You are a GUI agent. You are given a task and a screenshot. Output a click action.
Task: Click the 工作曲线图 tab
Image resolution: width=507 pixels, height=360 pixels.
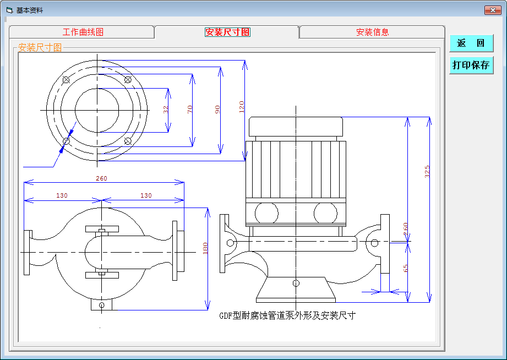(83, 32)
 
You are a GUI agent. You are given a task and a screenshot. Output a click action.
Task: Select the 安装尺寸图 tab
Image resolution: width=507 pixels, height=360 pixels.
(227, 32)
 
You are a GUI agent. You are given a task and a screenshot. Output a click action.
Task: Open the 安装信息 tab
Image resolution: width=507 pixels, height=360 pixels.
(372, 32)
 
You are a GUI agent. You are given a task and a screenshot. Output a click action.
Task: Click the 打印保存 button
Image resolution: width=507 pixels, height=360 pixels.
(471, 65)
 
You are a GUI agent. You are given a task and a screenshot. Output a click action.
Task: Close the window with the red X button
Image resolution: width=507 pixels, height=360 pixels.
(493, 10)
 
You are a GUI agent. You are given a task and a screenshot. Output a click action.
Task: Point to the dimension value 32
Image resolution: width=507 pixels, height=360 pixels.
(166, 110)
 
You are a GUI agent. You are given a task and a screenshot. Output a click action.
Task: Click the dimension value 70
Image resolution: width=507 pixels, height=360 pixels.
(190, 110)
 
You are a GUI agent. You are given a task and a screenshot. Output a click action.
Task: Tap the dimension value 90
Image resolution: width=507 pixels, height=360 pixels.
(217, 110)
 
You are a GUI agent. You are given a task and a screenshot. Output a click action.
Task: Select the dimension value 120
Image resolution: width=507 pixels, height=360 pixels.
(242, 107)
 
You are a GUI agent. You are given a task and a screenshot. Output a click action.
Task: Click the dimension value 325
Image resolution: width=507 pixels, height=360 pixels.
(427, 171)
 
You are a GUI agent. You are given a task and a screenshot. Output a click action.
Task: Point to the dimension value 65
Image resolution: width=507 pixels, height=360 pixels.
(406, 268)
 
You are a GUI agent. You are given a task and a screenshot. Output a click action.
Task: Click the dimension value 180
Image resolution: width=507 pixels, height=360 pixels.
(205, 248)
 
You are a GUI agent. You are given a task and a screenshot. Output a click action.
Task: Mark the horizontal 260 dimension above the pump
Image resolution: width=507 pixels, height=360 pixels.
(101, 178)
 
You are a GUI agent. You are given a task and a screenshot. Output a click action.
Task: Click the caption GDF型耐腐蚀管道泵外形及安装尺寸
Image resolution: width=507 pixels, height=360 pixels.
(287, 315)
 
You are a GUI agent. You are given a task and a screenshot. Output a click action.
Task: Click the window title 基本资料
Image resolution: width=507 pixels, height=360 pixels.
(29, 10)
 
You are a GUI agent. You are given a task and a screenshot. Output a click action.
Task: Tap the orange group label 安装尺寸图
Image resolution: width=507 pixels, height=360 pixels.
(40, 47)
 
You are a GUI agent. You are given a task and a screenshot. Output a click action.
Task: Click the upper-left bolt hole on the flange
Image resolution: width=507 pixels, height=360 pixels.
(66, 80)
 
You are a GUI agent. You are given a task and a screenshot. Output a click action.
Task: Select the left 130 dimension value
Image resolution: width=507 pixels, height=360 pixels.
(62, 195)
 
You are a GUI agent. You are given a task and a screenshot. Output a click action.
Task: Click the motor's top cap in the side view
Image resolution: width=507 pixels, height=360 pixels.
(296, 127)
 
